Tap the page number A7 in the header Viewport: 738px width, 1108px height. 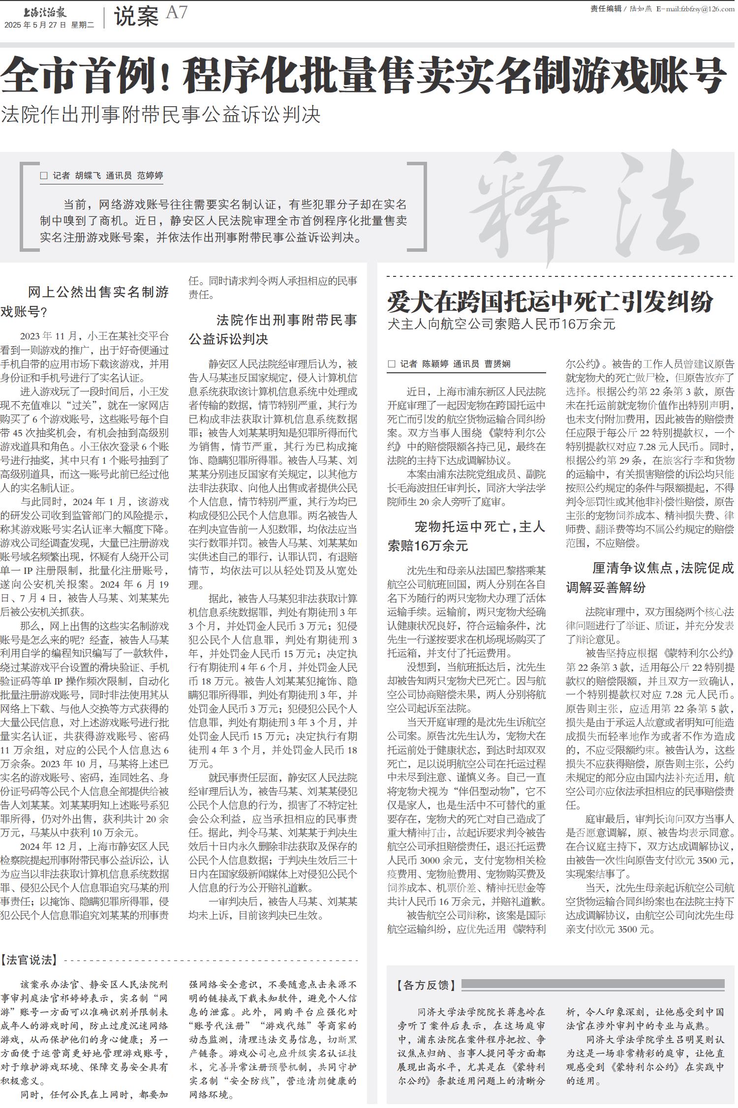pos(177,13)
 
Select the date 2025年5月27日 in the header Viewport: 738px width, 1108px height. pos(34,25)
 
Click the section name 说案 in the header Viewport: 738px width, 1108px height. pos(136,17)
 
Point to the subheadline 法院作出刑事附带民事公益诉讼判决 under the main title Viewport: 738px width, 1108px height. pos(161,115)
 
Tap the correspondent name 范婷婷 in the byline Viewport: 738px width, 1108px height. pos(150,176)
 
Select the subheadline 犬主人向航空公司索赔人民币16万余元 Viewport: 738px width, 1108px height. pos(501,324)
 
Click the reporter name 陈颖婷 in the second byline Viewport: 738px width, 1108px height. pos(435,364)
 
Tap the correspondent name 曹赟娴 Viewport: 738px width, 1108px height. pos(497,364)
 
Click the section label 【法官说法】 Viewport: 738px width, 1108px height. pos(29,959)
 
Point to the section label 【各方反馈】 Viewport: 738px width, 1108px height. pos(426,985)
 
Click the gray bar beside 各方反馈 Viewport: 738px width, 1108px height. pos(592,985)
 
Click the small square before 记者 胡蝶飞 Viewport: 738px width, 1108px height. pos(44,176)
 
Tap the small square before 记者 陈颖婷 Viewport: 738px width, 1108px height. pos(392,364)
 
